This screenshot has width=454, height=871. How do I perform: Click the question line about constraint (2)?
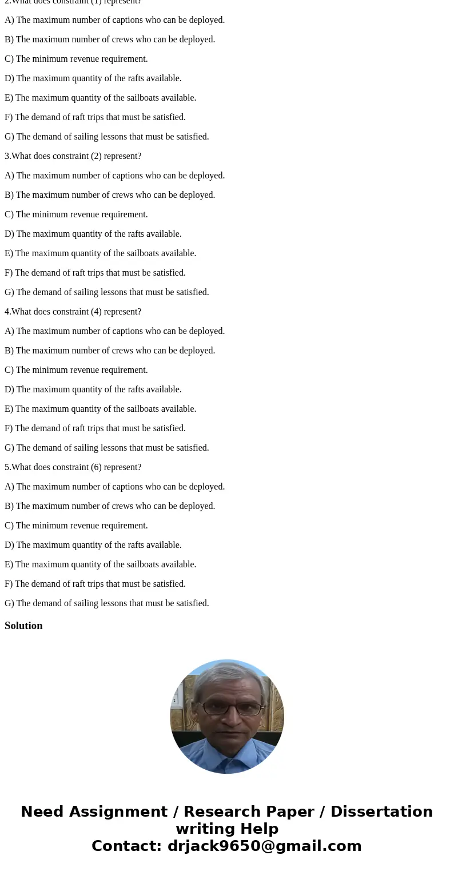point(73,156)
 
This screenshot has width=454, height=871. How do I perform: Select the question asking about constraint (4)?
point(73,312)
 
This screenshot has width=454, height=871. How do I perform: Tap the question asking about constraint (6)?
point(73,467)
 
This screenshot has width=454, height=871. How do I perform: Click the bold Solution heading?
point(23,626)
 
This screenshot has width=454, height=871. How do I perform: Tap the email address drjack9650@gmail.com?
point(264,846)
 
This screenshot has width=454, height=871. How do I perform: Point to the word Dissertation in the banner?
point(381,812)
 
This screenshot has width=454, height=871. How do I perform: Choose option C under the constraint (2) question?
point(76,214)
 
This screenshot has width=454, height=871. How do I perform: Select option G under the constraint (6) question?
point(107,603)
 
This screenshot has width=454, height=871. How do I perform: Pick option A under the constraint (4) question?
point(114,331)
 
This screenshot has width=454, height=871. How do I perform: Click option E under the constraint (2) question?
point(100,253)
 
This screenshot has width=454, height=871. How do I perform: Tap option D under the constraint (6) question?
point(93,545)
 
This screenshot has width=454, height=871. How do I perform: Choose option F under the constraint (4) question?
point(95,428)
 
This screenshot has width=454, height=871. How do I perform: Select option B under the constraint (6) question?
point(110,506)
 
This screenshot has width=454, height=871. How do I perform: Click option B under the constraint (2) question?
point(110,195)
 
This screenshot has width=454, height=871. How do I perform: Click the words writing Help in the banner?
point(227,829)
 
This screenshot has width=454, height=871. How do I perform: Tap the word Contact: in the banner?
point(126,846)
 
